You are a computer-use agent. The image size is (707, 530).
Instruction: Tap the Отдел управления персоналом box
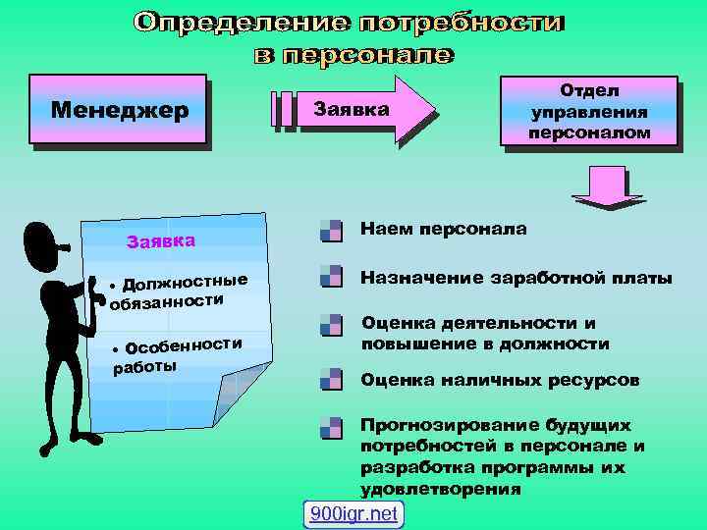point(589,110)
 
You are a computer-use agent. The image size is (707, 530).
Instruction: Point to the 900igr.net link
point(353,513)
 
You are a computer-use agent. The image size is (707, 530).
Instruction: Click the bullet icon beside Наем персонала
point(331,232)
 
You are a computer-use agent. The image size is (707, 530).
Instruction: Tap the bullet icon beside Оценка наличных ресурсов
point(331,379)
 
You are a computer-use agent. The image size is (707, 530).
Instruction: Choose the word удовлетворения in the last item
point(441,488)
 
